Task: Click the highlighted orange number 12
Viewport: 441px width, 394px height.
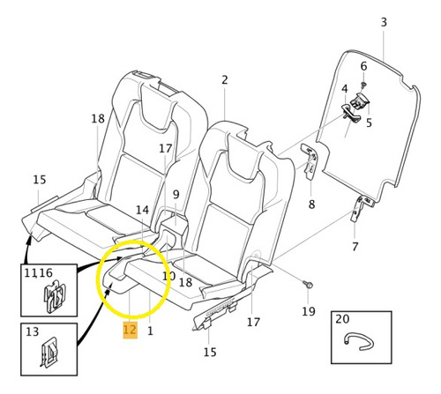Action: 130,330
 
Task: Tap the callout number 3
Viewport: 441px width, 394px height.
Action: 384,22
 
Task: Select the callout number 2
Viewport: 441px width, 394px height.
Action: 225,80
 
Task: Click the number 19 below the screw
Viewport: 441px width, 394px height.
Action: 309,311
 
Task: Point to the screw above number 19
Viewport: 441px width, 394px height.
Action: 308,285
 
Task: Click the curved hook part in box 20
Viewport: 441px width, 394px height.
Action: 359,341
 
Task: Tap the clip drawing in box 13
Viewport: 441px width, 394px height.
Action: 48,353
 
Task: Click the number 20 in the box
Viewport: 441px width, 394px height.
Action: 342,319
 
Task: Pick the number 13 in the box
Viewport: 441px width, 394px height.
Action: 32,331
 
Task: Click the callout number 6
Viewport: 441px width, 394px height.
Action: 363,66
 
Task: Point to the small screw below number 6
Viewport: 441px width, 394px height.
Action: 364,85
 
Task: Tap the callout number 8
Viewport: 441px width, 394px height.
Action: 311,204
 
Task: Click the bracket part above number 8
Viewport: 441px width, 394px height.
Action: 310,160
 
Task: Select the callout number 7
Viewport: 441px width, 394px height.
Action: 355,247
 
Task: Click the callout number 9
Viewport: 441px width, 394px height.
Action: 176,194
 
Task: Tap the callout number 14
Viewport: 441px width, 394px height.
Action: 142,210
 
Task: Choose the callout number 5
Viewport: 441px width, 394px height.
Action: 369,123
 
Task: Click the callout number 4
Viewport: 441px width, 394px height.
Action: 345,89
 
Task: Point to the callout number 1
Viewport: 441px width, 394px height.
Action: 150,331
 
